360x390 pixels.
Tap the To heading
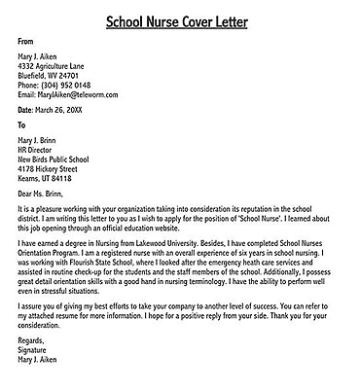[23, 125]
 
